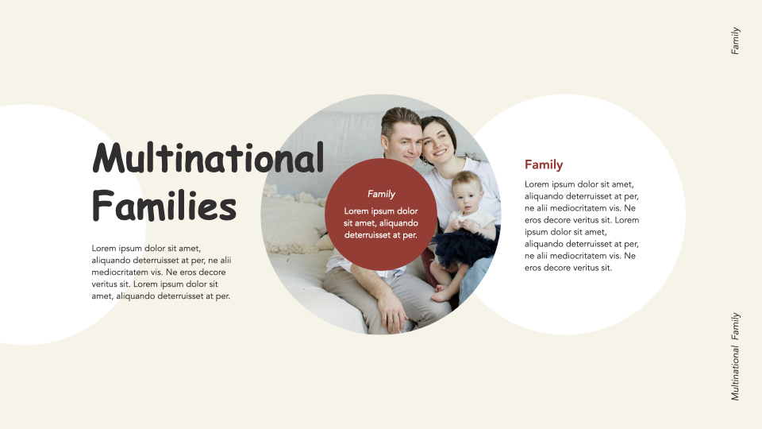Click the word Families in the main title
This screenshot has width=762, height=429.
coord(164,205)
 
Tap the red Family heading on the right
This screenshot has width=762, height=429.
coord(544,164)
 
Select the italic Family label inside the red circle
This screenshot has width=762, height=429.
coord(381,194)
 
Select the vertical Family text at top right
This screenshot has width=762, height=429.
coord(736,41)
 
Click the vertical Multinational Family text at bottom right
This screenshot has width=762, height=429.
coord(736,355)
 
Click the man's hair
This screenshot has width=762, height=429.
coord(398,118)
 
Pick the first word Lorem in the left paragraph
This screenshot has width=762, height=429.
coord(106,248)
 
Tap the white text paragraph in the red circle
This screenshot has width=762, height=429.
coord(381,222)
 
